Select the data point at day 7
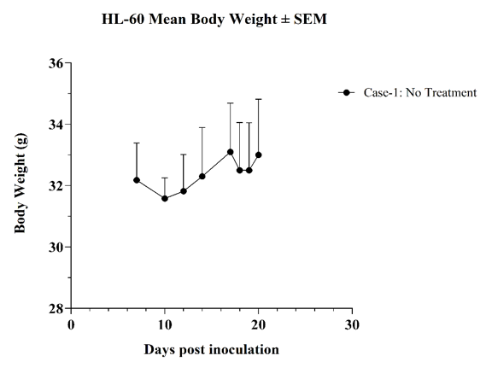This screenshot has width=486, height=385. coord(137,180)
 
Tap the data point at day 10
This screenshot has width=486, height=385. coord(165,199)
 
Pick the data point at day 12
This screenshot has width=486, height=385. coord(184,191)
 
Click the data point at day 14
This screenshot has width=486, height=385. coord(202,176)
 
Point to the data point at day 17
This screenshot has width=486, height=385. coord(231,152)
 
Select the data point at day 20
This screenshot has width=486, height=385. coord(259,155)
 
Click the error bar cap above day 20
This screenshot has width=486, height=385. coord(259,99)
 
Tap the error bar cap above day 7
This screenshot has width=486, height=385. coord(137,143)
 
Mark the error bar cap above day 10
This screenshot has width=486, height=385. coord(165,178)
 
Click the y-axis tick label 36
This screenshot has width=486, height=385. coord(56,63)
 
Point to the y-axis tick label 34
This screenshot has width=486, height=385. coord(56,125)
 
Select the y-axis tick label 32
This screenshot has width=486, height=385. coord(56,186)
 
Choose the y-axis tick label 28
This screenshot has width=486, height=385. coord(56,308)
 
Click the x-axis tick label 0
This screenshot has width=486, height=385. coord(71,325)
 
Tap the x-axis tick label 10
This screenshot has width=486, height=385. coord(165,325)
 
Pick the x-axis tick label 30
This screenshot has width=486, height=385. coord(352,325)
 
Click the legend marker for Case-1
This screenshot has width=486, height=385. coord(347,92)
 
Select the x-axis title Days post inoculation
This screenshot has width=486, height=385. coord(211,350)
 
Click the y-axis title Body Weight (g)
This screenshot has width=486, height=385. coord(20,183)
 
